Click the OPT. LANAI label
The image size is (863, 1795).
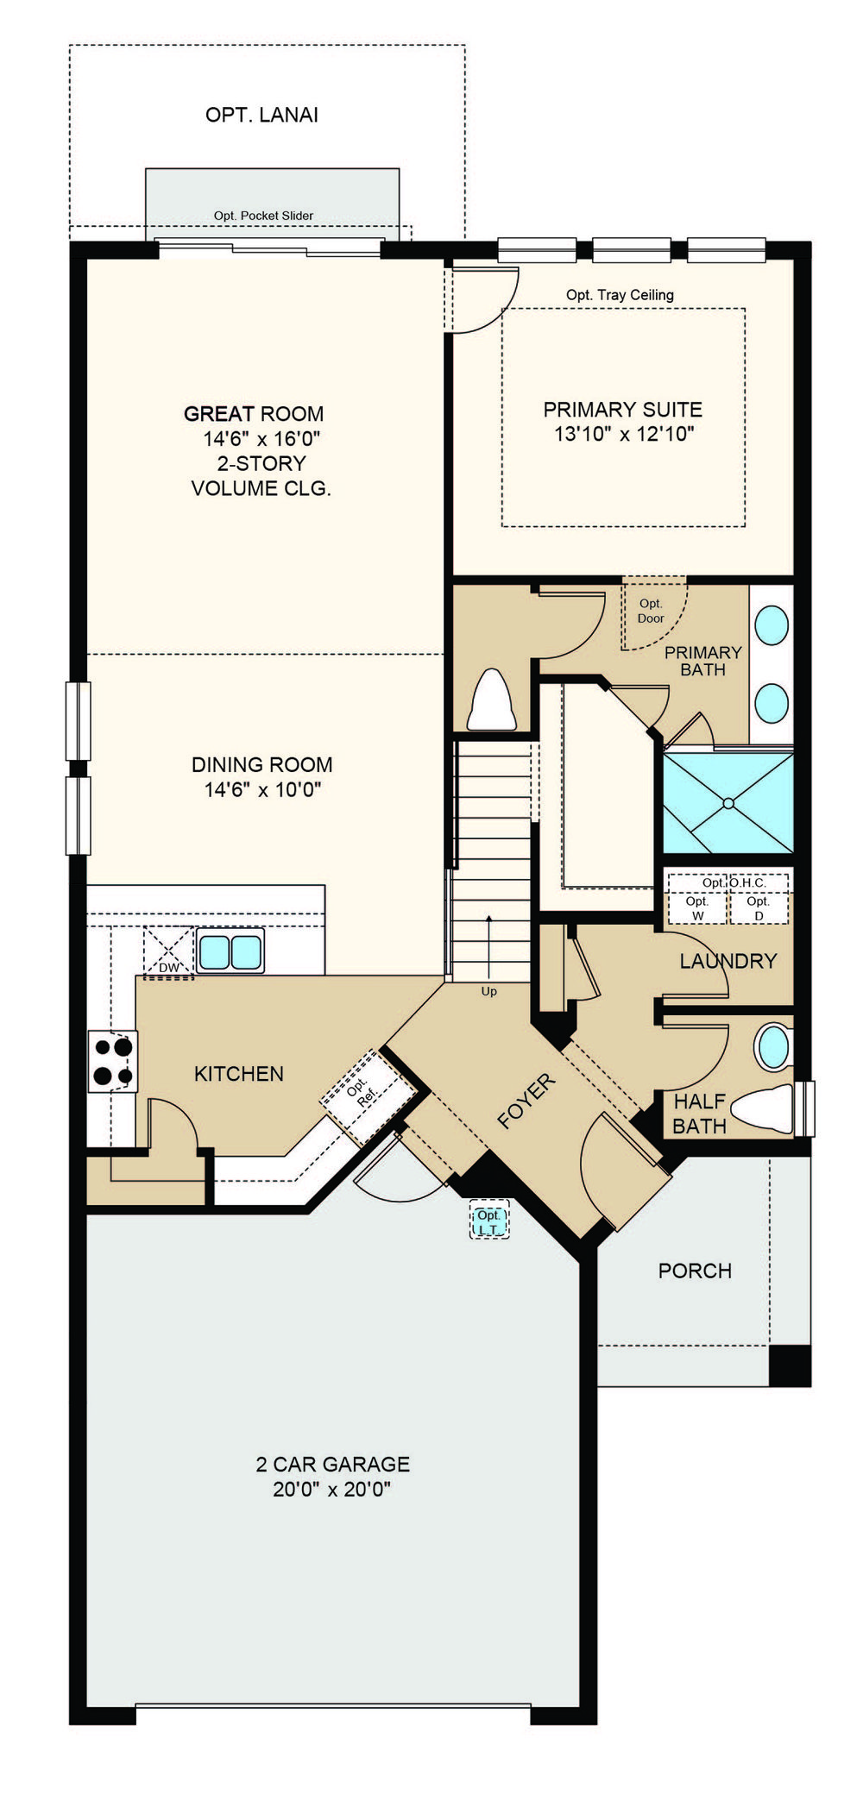coord(261,115)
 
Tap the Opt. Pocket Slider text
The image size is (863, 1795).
coord(263,216)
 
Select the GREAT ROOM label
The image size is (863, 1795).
coord(254,413)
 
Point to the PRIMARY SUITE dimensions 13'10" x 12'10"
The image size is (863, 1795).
coord(624,434)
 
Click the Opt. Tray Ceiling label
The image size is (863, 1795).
coord(620,295)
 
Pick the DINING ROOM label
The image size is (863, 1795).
coord(261,764)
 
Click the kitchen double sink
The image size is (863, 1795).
coord(230,951)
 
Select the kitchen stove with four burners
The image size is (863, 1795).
coord(113,1062)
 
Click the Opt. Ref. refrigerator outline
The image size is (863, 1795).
coord(369,1095)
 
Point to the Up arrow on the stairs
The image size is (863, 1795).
coord(489,946)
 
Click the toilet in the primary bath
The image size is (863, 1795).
coord(491,700)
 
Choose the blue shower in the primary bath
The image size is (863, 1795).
coord(728,803)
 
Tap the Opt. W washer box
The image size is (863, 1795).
coord(697,907)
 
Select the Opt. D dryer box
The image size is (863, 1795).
coord(759,907)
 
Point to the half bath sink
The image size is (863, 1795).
coord(773,1047)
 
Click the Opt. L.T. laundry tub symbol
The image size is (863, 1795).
coord(489,1221)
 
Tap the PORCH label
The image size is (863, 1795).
coord(695,1271)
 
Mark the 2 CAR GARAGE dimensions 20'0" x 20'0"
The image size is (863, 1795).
coord(332,1489)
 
